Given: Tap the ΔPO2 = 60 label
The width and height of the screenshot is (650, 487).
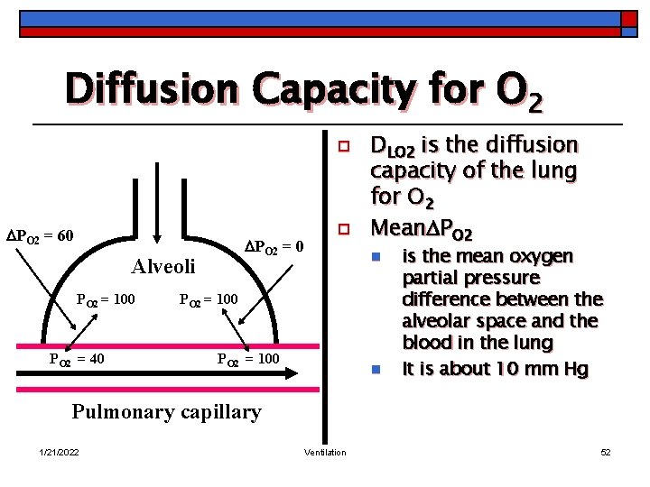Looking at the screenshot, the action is [40, 236].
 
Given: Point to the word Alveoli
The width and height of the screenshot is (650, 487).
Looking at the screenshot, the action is [163, 266].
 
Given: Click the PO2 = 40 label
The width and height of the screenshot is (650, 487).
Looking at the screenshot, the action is [76, 359].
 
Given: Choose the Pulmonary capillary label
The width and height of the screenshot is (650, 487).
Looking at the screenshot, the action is [166, 412].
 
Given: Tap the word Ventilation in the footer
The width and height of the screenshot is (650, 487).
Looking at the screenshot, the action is [325, 452].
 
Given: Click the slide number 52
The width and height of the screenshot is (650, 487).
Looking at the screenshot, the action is [606, 452].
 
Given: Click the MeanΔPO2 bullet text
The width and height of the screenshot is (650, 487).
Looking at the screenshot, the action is [421, 225].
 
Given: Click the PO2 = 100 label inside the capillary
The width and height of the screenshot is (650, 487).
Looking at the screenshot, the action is [248, 359].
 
